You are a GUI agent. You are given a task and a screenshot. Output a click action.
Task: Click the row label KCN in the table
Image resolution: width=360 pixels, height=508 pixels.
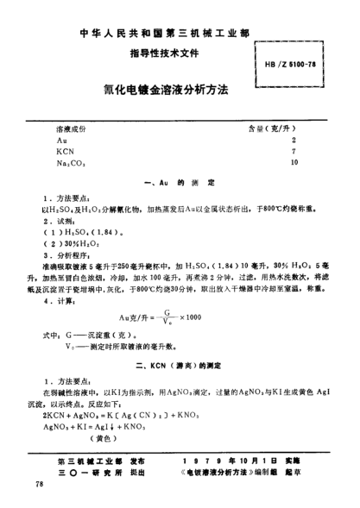(65, 149)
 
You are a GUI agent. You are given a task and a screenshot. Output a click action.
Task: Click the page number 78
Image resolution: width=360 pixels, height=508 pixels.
(38, 487)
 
